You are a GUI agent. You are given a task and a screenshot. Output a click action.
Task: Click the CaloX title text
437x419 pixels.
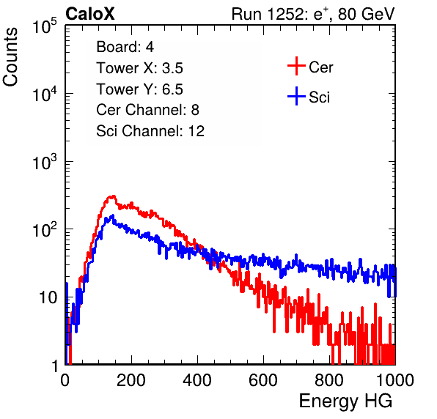[x=89, y=14]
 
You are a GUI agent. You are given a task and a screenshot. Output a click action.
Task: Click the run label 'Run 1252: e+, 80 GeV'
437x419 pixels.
[x=313, y=14]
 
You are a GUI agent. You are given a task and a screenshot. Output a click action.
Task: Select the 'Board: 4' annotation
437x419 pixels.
[x=125, y=47]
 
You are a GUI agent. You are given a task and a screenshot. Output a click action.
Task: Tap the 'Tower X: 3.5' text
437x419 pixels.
[x=139, y=68]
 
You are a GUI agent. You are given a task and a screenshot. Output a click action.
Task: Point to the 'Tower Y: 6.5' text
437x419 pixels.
[x=139, y=89]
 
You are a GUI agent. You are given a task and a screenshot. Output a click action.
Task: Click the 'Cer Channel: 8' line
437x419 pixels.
[x=147, y=110]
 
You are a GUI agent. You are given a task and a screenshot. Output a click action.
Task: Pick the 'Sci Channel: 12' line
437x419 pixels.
[x=150, y=131]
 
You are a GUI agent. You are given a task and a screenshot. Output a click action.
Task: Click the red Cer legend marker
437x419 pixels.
[x=296, y=66]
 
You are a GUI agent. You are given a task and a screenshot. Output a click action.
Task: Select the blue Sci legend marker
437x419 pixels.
[x=296, y=97]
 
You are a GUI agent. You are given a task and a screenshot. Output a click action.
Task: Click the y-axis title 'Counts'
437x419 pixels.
[x=10, y=57]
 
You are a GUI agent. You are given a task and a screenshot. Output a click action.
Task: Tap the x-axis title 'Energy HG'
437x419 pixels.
[x=345, y=401]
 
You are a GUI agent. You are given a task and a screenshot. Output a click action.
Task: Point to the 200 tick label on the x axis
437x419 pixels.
[x=131, y=379]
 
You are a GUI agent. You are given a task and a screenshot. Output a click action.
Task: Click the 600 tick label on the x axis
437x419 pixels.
[x=263, y=379]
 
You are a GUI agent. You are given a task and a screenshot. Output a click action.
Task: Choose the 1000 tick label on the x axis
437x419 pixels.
[x=395, y=379]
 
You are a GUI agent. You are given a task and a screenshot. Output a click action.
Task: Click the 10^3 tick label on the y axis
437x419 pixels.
[x=45, y=162]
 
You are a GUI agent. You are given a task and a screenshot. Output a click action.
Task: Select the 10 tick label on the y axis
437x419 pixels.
[x=48, y=297]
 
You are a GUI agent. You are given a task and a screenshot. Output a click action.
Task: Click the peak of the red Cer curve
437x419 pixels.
[x=113, y=196]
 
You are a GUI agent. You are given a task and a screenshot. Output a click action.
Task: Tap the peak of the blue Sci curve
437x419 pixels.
[x=113, y=215]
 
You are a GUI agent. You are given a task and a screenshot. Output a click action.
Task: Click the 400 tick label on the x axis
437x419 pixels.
[x=197, y=379]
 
